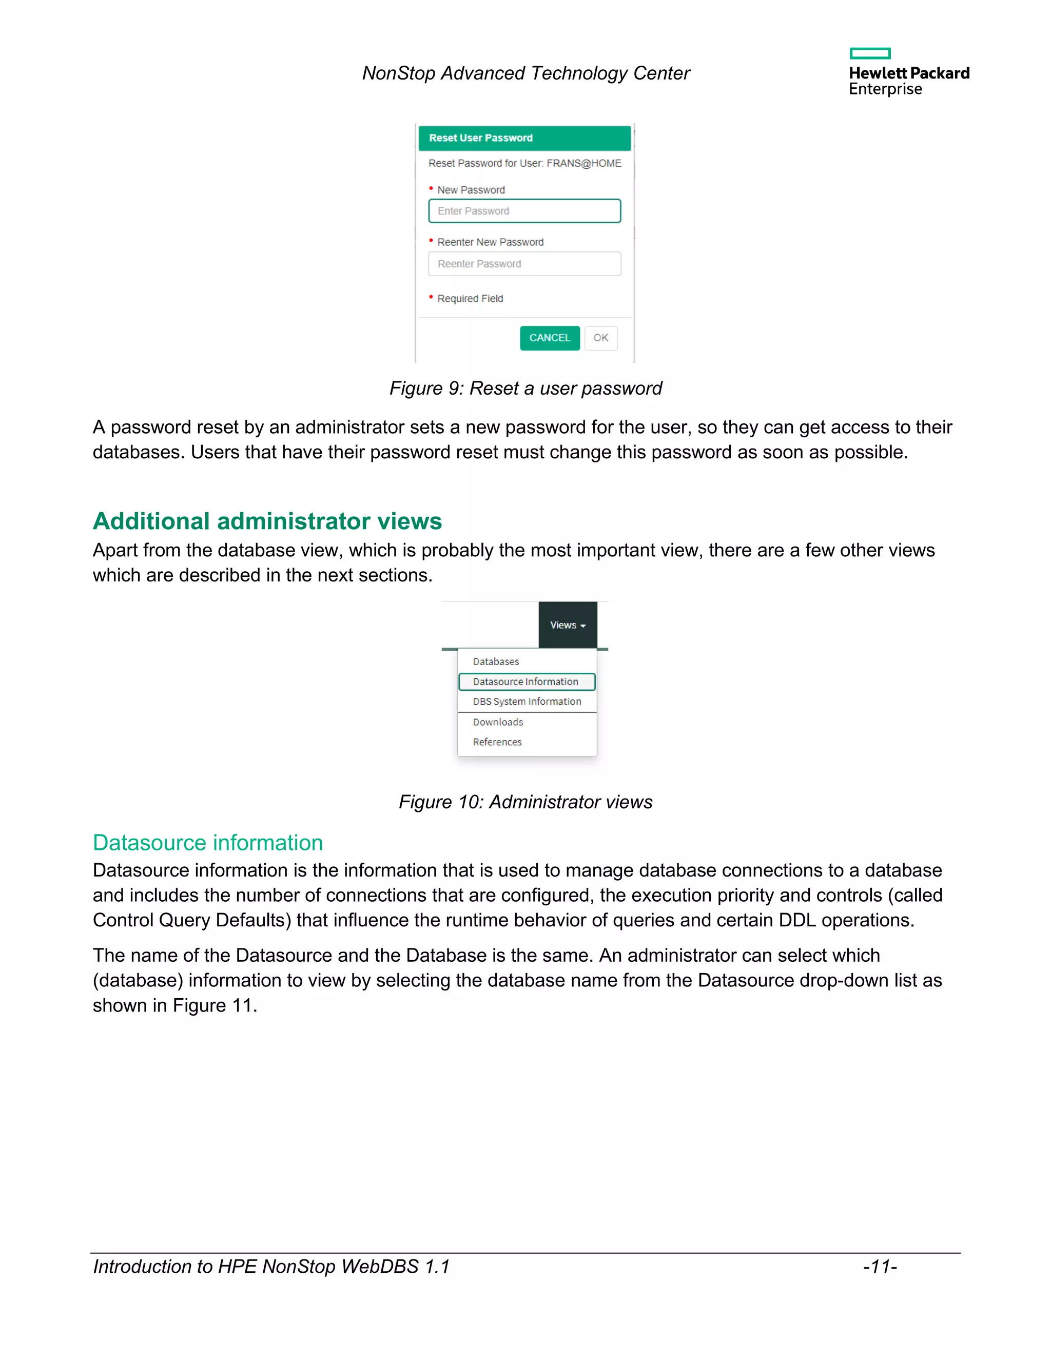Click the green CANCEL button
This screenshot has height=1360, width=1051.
[549, 338]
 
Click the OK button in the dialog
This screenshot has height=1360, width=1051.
[600, 338]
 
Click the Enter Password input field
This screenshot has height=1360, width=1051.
[524, 211]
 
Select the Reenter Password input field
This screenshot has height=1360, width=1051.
[524, 264]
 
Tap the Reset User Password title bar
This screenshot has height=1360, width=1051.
[524, 138]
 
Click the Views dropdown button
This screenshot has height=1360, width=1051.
[567, 625]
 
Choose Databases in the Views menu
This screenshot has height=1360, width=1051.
[496, 662]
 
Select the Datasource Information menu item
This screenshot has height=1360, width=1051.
[526, 682]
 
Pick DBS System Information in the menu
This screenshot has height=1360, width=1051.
[527, 702]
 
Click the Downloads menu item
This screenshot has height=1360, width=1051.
[497, 723]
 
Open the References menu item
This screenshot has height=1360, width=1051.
[497, 742]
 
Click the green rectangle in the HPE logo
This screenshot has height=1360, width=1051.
[870, 53]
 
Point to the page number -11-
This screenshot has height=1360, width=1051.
[879, 1267]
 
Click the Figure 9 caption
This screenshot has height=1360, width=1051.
[525, 388]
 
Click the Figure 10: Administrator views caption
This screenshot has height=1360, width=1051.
[525, 802]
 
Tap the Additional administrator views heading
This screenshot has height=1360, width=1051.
[267, 521]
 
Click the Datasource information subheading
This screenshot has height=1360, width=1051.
[208, 843]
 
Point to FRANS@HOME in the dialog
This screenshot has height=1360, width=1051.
[583, 163]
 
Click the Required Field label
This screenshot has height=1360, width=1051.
[470, 299]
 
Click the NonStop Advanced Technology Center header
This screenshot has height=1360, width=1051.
[525, 73]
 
